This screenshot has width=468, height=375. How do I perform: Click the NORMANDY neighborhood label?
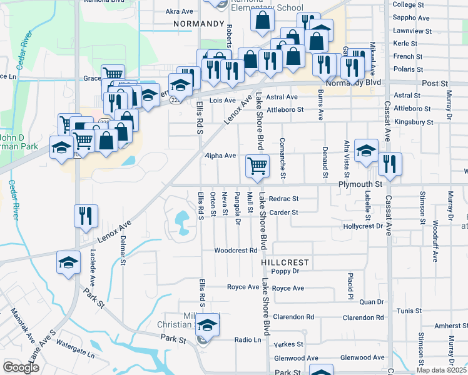coord(199,24)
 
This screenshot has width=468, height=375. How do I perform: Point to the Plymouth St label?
coord(360,185)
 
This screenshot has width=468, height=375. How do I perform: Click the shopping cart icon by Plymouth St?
coord(257,166)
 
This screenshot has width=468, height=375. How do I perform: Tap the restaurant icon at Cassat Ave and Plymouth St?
coord(390,164)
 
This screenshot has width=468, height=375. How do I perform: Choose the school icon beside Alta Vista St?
coord(366,151)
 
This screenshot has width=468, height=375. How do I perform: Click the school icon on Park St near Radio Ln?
coord(208,325)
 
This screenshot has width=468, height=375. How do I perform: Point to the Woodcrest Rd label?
coord(236,251)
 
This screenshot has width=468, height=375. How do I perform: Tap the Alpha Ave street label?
coord(221,156)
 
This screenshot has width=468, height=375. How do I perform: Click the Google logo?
coord(21,367)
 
